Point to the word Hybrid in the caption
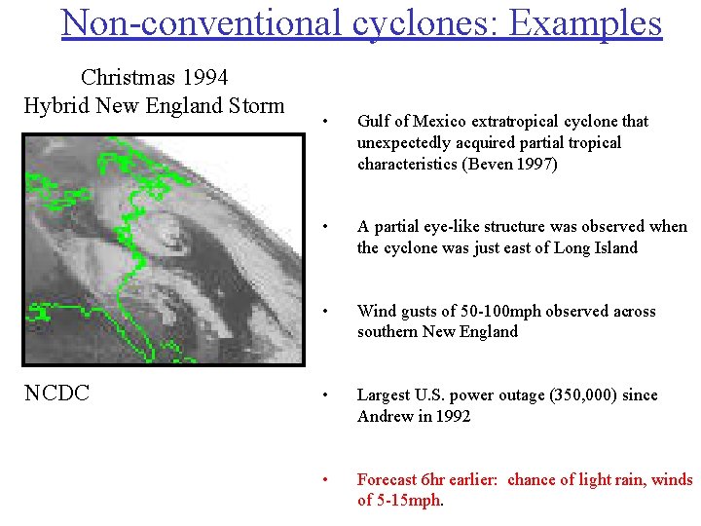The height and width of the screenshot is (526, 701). [x=55, y=105]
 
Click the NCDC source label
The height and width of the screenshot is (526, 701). [x=56, y=393]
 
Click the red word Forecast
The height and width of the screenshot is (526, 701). [x=387, y=479]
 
